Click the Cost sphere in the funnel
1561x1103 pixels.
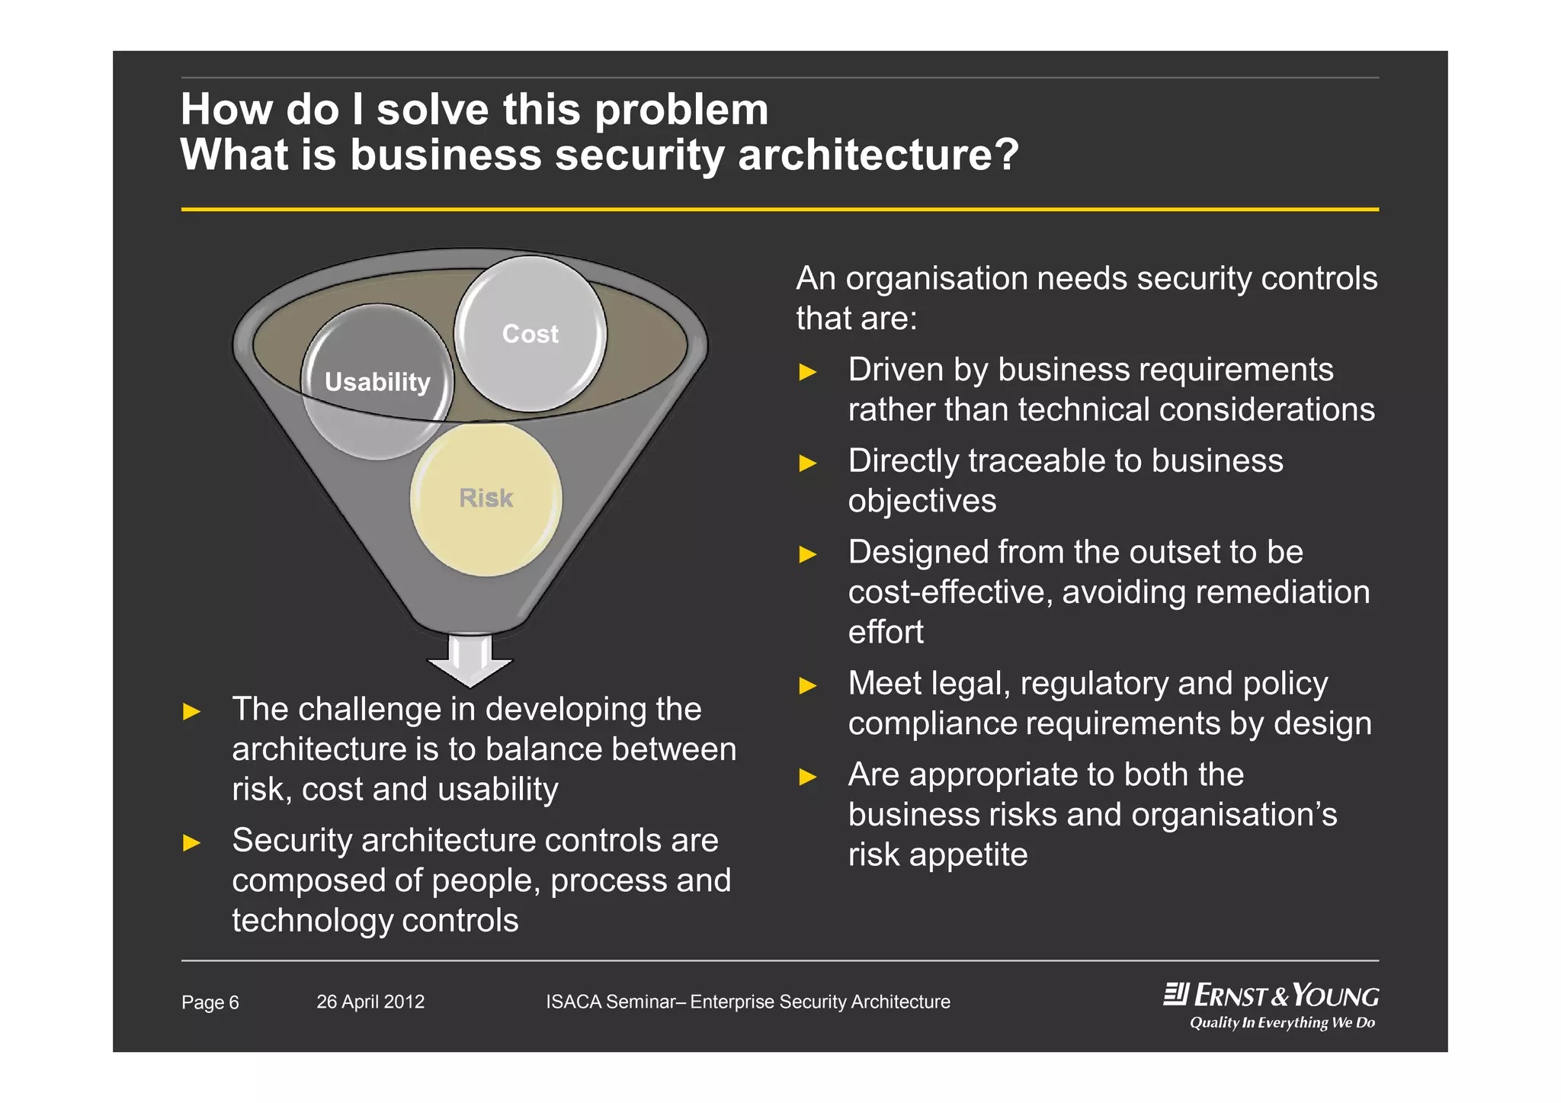click(530, 334)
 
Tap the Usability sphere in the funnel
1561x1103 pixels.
click(377, 382)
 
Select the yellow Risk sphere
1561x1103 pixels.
click(486, 499)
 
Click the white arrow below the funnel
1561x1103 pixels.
click(470, 661)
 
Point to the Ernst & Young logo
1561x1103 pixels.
click(1271, 996)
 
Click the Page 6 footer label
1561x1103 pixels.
click(210, 1002)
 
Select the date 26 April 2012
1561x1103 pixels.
click(370, 1002)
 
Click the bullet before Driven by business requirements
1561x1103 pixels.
click(808, 372)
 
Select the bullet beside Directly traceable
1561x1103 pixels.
click(808, 463)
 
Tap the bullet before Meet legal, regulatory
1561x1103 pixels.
click(808, 685)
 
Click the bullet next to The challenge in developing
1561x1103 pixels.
click(191, 712)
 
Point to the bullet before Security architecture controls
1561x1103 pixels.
click(191, 842)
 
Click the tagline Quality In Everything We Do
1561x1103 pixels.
click(1282, 1023)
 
